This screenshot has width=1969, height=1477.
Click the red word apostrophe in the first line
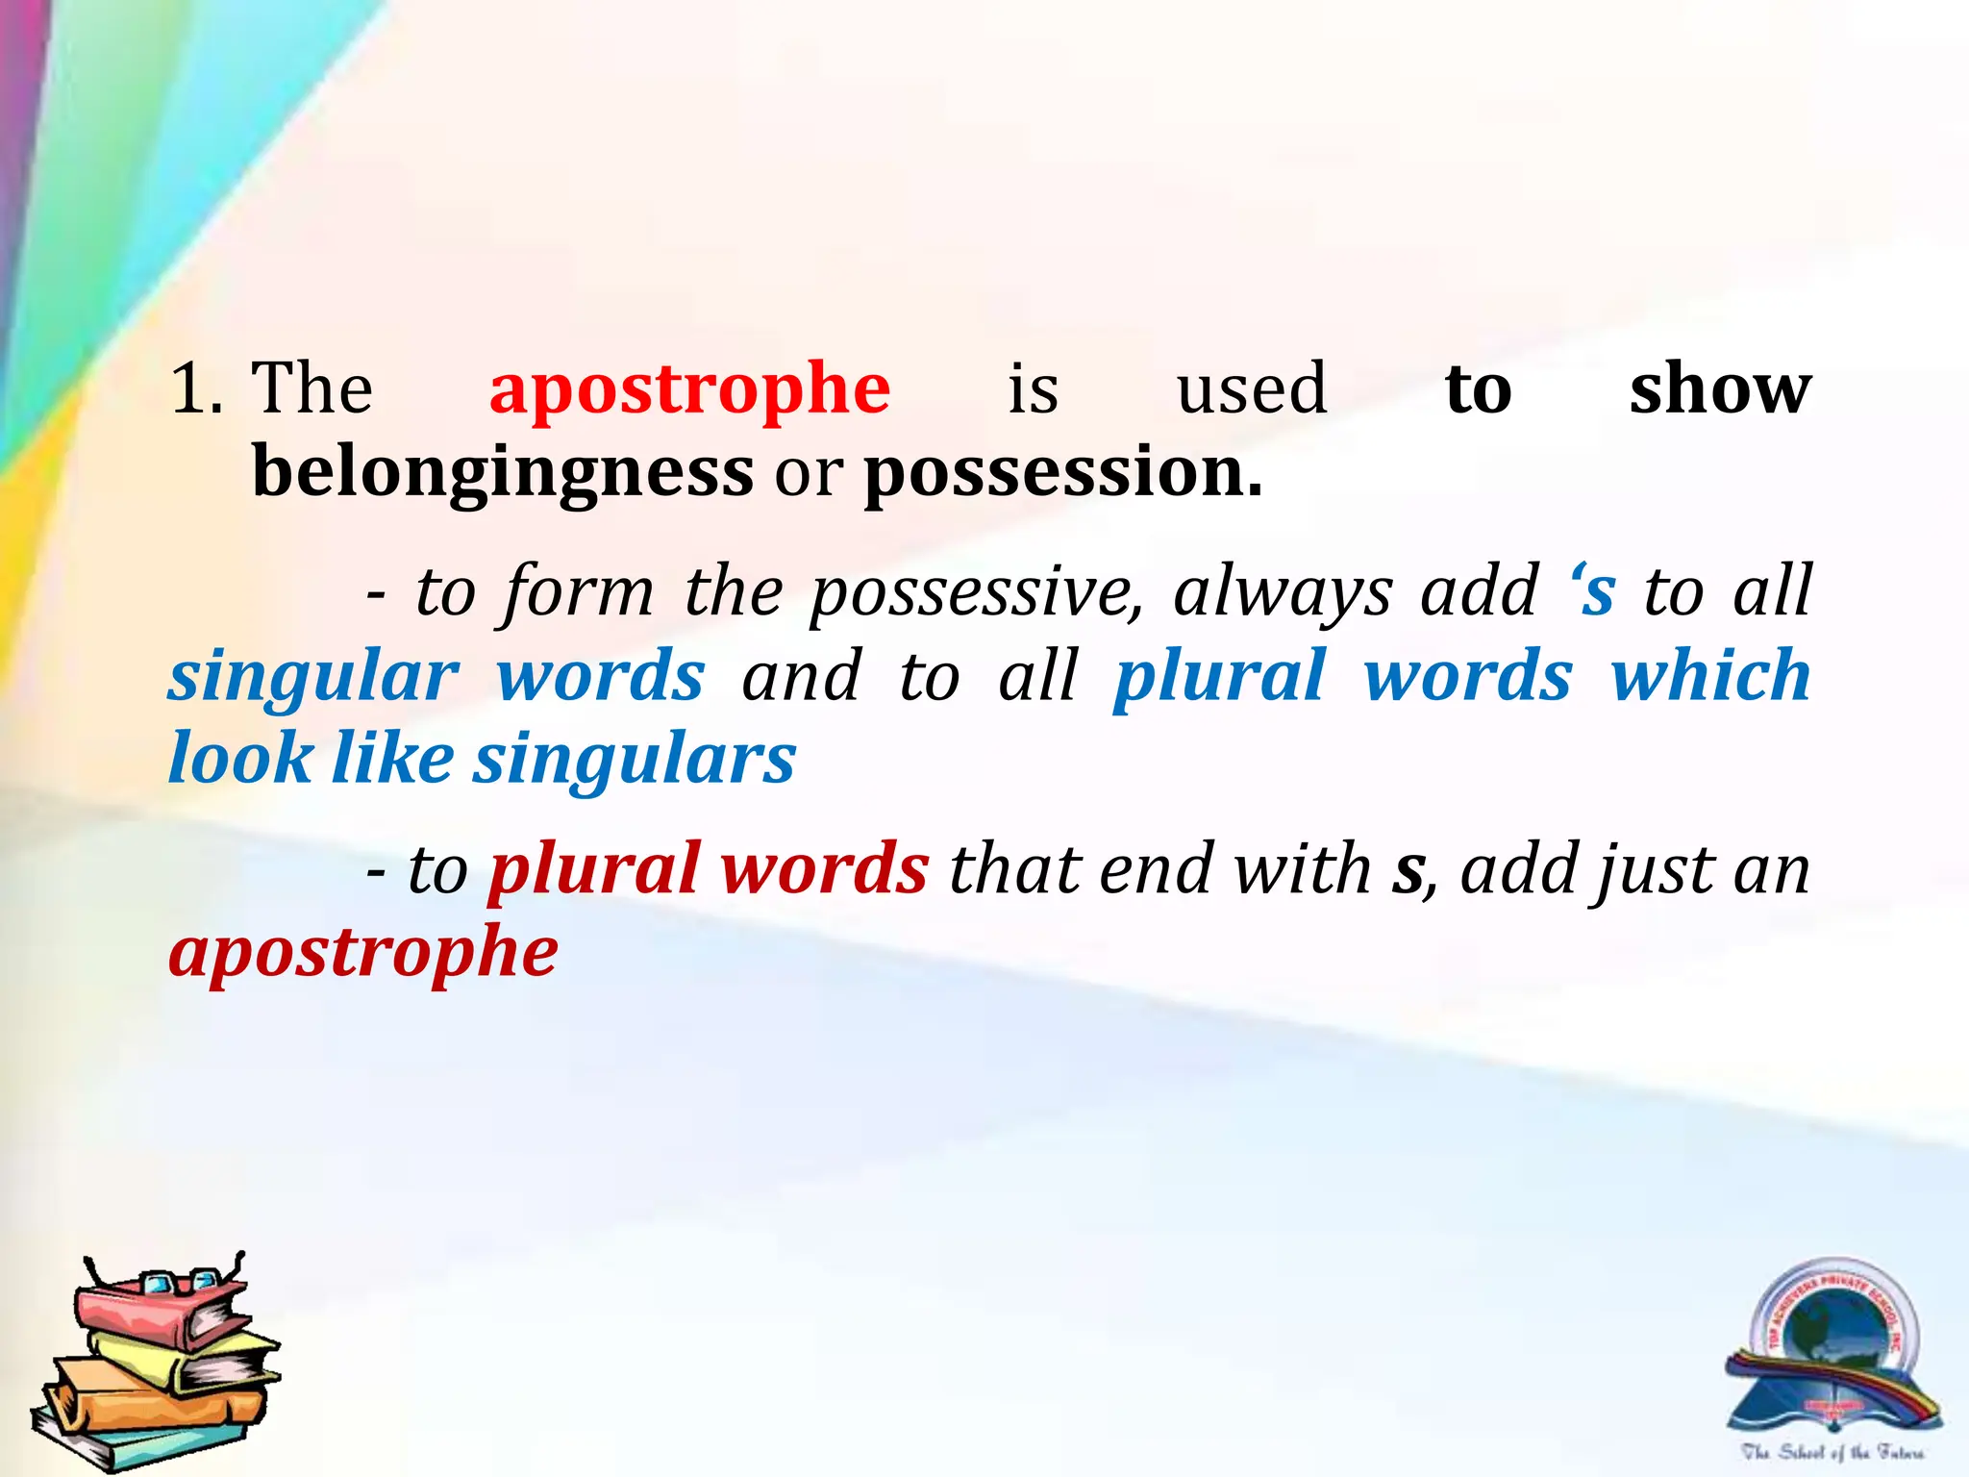689,389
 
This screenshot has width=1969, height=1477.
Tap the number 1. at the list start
196,389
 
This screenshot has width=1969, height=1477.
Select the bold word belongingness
502,473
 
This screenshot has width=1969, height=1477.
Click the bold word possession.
1062,473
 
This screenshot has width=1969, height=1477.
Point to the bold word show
1719,389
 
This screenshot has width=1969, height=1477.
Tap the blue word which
1710,675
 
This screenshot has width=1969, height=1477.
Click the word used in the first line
1252,389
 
